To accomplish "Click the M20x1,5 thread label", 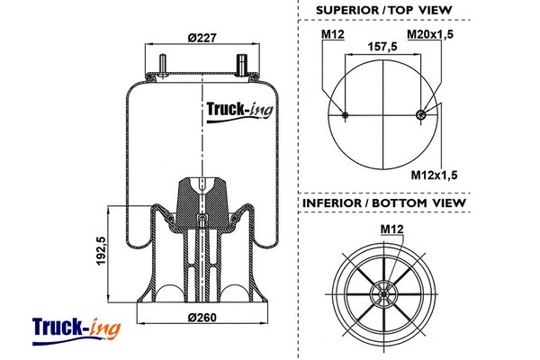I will point(429,34).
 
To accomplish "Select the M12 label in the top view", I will point(333,34).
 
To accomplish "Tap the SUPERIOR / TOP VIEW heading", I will point(384,11).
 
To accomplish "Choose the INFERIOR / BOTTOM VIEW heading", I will point(384,203).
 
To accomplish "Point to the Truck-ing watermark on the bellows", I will point(239,110).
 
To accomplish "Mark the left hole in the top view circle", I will point(346,113).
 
